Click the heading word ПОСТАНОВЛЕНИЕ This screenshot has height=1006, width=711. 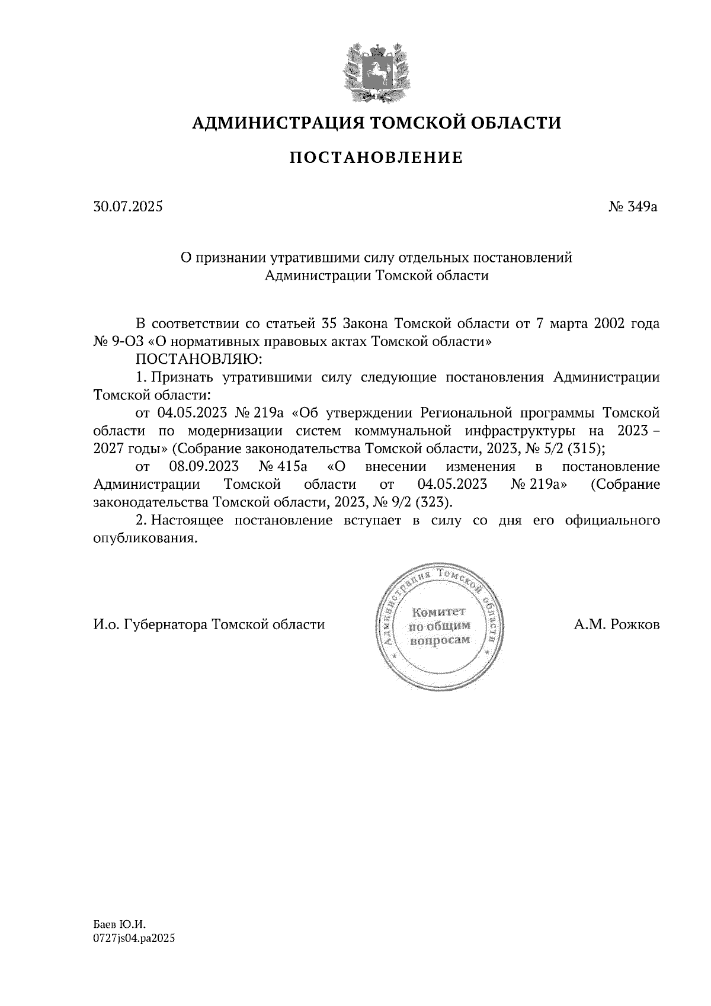click(x=376, y=158)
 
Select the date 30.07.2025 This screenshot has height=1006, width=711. click(x=128, y=207)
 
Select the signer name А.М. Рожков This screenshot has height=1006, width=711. click(x=616, y=624)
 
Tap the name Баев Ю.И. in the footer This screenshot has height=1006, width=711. click(x=119, y=924)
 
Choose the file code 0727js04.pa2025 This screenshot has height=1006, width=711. click(x=134, y=938)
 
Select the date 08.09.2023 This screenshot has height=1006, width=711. click(x=196, y=467)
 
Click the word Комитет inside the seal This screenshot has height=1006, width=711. click(x=439, y=611)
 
